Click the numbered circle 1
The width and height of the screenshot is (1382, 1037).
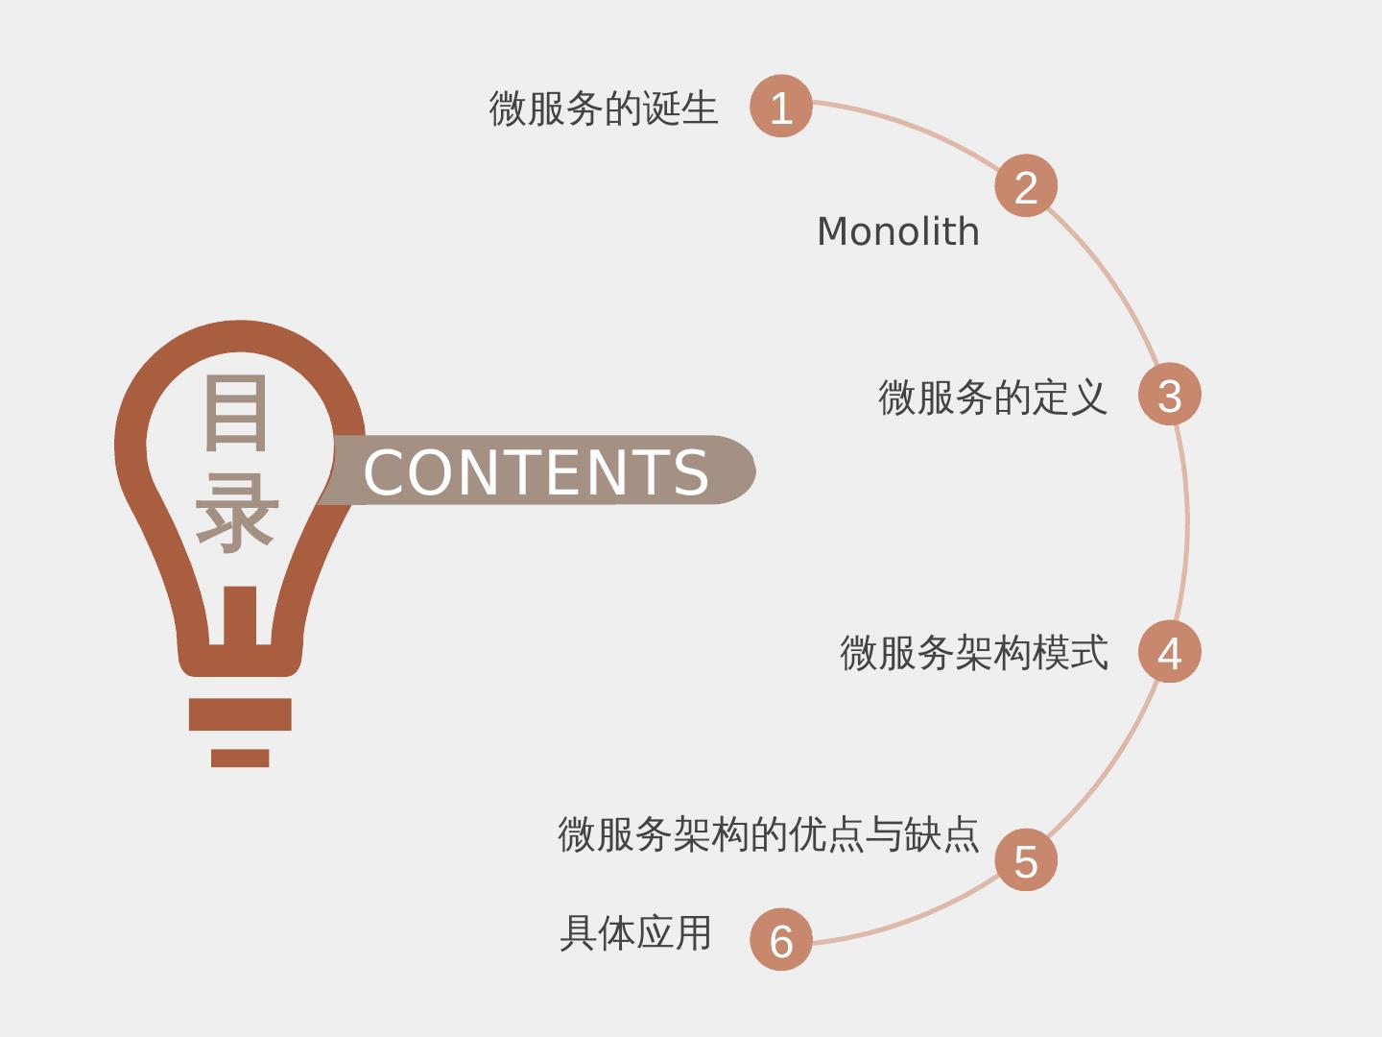pyautogui.click(x=781, y=106)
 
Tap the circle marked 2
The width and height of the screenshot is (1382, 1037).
pyautogui.click(x=1026, y=185)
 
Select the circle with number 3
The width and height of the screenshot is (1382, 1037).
pyautogui.click(x=1169, y=394)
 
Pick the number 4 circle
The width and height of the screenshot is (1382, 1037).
pyautogui.click(x=1169, y=652)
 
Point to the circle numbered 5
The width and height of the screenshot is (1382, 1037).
pyautogui.click(x=1026, y=860)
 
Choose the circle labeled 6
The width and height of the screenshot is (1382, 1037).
pyautogui.click(x=781, y=940)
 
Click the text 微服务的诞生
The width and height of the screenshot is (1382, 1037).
pyautogui.click(x=604, y=108)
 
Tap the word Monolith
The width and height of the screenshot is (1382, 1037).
pyautogui.click(x=898, y=232)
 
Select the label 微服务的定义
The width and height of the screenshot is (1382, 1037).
pyautogui.click(x=992, y=397)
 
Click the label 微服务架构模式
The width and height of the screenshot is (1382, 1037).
pyautogui.click(x=974, y=653)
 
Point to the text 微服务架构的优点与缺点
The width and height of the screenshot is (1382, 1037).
pyautogui.click(x=769, y=833)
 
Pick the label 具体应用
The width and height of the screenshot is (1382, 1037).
pyautogui.click(x=635, y=932)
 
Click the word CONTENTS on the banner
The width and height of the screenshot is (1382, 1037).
pyautogui.click(x=536, y=471)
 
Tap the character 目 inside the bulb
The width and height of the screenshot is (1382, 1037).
pyautogui.click(x=236, y=413)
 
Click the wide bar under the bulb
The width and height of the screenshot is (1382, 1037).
pyautogui.click(x=240, y=714)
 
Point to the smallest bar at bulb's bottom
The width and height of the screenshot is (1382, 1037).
pyautogui.click(x=240, y=759)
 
